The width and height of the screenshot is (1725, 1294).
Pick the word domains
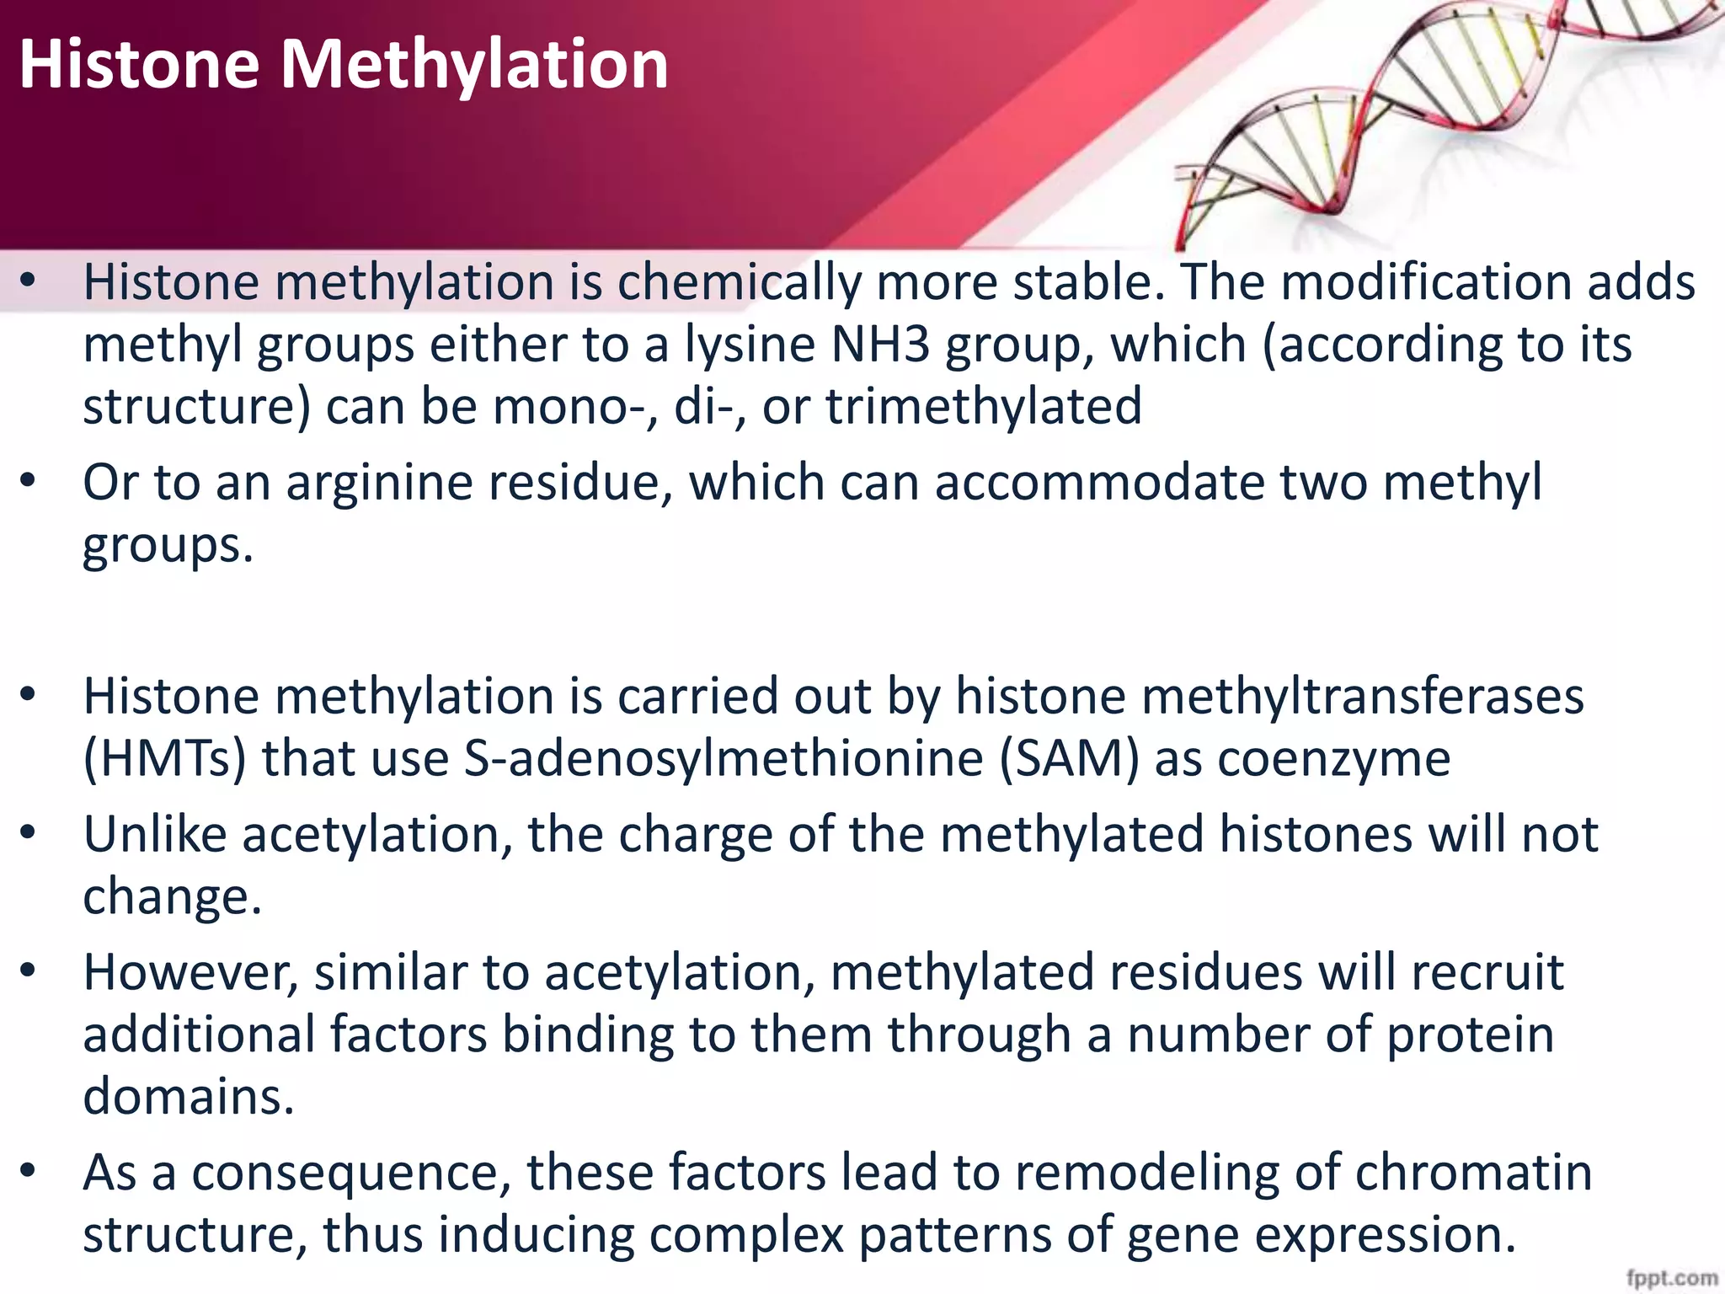[188, 1096]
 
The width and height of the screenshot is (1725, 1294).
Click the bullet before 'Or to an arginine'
[29, 481]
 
